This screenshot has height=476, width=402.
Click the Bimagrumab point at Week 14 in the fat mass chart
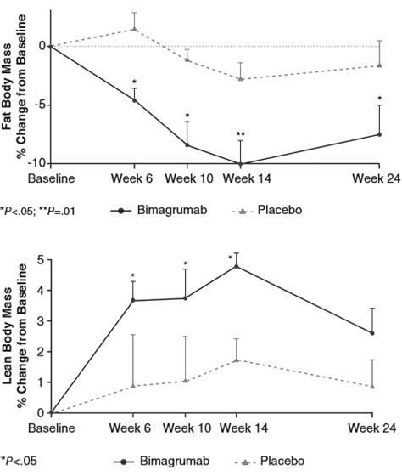(241, 164)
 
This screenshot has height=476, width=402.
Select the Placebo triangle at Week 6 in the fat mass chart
(134, 29)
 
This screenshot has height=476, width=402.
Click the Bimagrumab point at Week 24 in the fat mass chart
(378, 134)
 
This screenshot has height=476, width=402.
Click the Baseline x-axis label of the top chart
(51, 179)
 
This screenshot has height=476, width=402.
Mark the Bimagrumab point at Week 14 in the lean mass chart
(236, 266)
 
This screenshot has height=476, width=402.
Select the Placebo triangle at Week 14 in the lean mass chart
(236, 360)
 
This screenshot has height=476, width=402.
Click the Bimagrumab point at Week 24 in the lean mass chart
(372, 333)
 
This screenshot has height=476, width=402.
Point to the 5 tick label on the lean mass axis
(40, 260)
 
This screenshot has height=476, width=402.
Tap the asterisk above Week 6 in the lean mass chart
(133, 276)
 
